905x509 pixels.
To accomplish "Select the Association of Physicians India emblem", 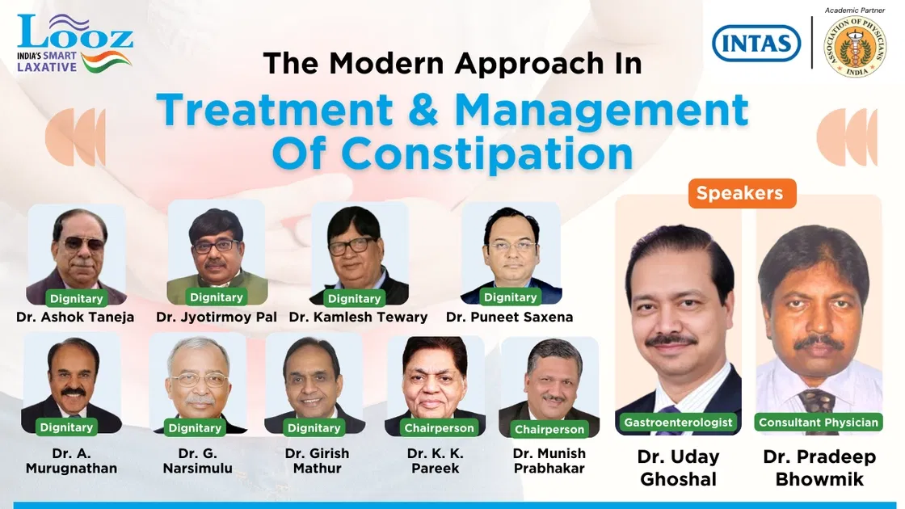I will (854, 46).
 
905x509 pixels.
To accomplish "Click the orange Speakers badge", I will (739, 194).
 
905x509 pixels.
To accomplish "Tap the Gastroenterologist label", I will (678, 422).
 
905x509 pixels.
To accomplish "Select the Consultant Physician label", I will (819, 422).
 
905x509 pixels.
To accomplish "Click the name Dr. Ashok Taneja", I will (75, 317).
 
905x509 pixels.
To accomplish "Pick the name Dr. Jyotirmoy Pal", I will (216, 317).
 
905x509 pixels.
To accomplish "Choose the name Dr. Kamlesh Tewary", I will (358, 317).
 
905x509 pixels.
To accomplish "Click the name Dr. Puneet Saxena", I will (509, 317).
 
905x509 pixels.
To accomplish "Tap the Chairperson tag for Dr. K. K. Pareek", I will (439, 427).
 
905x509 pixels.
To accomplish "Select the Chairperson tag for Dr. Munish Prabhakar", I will (549, 429).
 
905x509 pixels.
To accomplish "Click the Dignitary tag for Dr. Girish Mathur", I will (314, 427).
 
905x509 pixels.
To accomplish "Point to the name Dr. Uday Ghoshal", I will (678, 468).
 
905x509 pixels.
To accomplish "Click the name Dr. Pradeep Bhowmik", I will (819, 468).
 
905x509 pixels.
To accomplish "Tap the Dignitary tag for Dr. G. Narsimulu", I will (195, 427).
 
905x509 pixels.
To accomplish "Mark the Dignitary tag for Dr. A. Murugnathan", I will (67, 427).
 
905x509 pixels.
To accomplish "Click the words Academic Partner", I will (854, 10).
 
